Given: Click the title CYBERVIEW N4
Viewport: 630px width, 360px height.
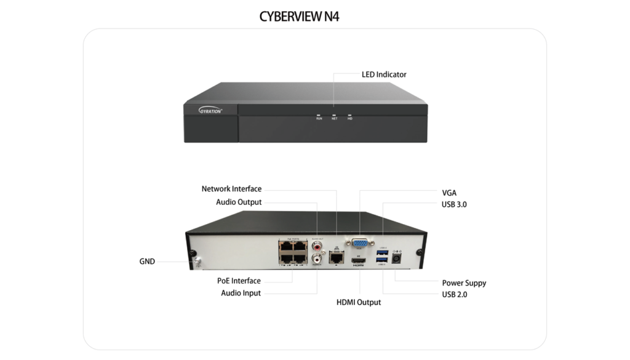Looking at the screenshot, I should (x=299, y=17).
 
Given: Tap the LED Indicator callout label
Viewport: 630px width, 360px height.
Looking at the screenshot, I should (x=384, y=74).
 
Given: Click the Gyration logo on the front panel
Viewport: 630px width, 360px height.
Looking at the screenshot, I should (x=210, y=111).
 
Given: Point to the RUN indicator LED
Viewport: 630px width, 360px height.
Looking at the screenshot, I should (x=319, y=114).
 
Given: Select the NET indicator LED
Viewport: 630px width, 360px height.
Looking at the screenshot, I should (x=334, y=114).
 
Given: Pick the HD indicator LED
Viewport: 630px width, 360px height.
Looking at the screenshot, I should (x=349, y=114).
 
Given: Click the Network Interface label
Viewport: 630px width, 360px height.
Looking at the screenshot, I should (x=231, y=189).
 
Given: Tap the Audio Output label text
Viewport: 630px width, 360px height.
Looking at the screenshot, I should (x=239, y=202).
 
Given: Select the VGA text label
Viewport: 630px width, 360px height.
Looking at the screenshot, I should (x=449, y=193).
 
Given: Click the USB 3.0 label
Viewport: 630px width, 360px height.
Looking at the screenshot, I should (x=454, y=204).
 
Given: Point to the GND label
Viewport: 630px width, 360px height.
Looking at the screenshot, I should (x=147, y=262).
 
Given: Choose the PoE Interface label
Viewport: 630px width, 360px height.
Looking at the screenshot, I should (x=239, y=281).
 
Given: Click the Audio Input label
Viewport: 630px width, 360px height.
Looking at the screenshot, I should (x=241, y=293).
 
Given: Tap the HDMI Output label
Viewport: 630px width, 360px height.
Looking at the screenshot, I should (x=359, y=302).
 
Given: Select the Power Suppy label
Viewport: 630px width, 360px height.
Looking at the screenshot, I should (x=464, y=283).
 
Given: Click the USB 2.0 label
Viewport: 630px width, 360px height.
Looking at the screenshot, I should (x=454, y=295).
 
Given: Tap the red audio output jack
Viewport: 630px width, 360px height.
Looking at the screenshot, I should (x=317, y=245).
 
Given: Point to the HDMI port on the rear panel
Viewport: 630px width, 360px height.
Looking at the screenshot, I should (x=359, y=262).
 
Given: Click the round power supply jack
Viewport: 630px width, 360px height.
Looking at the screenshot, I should (x=397, y=259).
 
